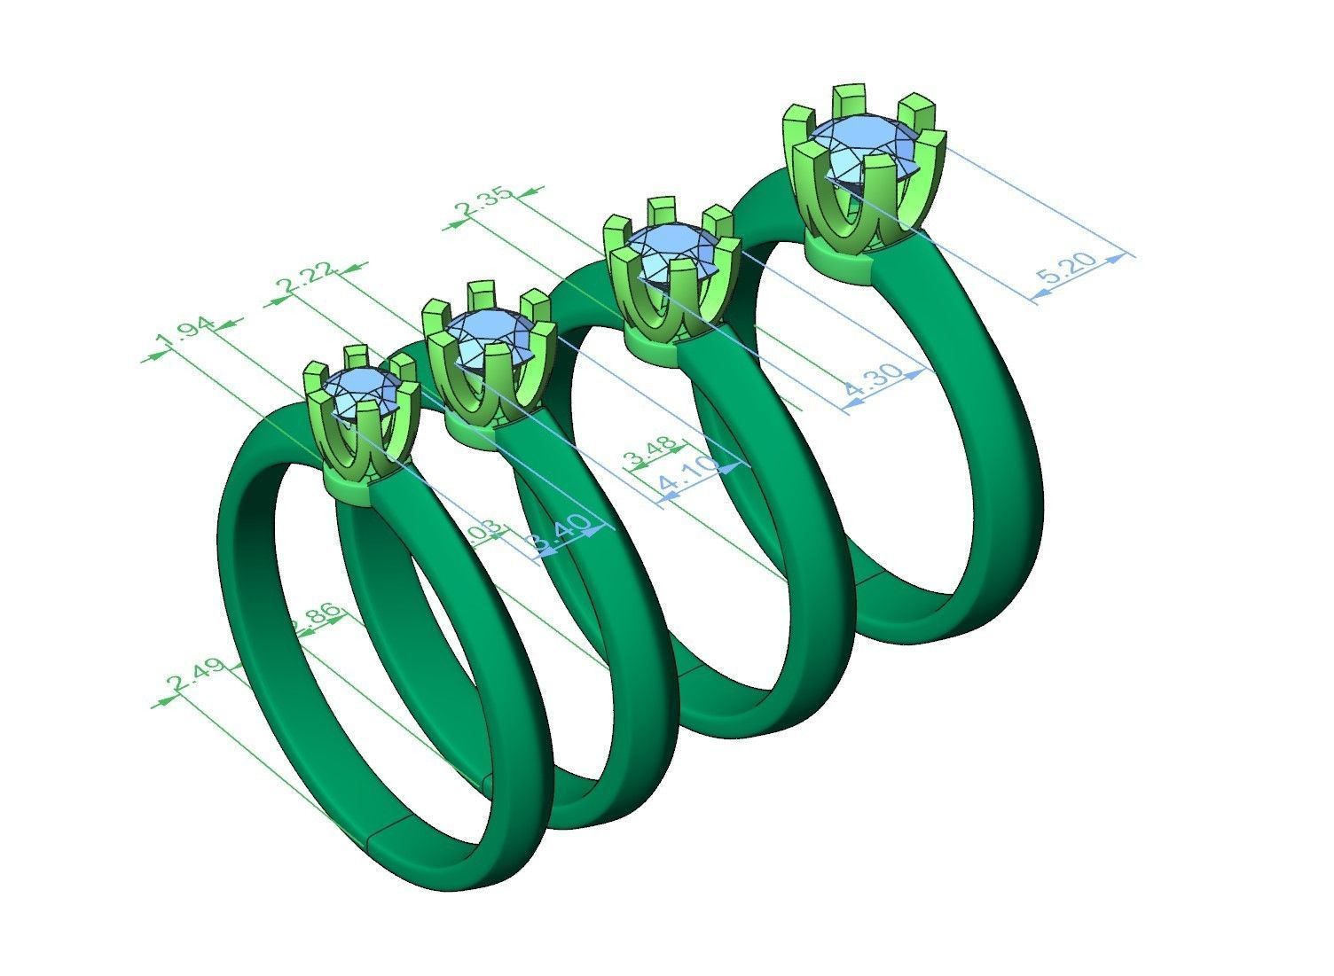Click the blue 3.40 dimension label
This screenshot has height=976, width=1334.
coord(559,535)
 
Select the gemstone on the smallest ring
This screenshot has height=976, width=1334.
coord(359,391)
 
